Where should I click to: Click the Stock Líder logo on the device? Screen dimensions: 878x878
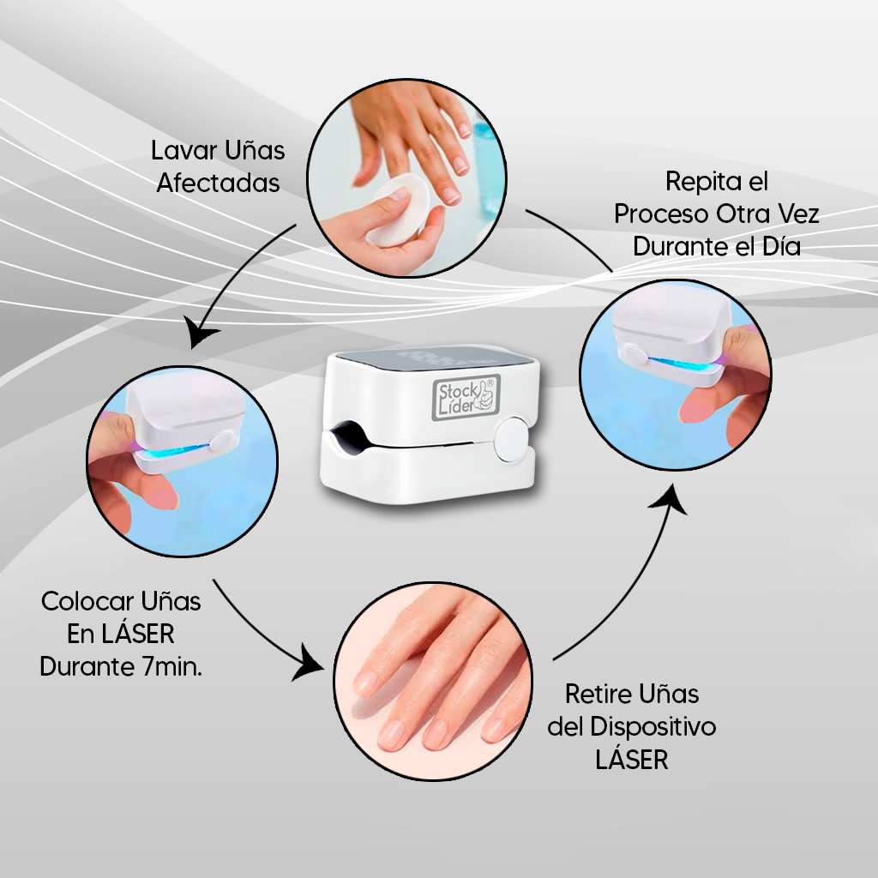tap(463, 398)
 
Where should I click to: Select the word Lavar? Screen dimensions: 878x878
tap(180, 151)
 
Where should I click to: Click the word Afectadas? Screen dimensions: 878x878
tap(218, 183)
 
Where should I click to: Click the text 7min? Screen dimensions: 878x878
tap(173, 667)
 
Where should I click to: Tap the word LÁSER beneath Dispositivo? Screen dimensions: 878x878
tap(631, 761)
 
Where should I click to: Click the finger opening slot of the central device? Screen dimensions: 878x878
tap(346, 435)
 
